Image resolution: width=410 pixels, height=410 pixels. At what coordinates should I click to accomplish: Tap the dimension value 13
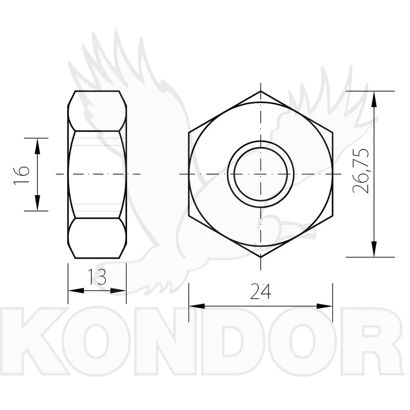[97, 277]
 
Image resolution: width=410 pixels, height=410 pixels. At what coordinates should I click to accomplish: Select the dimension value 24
[261, 291]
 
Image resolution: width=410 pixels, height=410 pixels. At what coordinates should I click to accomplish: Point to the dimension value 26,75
[361, 171]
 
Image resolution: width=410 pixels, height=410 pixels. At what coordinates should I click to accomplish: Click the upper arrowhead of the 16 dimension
[37, 146]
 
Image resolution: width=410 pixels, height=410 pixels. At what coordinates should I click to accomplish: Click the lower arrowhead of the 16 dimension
[37, 203]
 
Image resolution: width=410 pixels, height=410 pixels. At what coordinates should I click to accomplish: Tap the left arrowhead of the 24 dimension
[197, 306]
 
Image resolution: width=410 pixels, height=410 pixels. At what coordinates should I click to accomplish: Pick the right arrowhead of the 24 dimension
[324, 306]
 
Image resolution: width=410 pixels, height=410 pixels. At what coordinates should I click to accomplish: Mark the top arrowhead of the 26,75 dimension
[374, 99]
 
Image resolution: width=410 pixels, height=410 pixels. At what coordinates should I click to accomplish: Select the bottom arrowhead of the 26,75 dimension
[374, 249]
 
